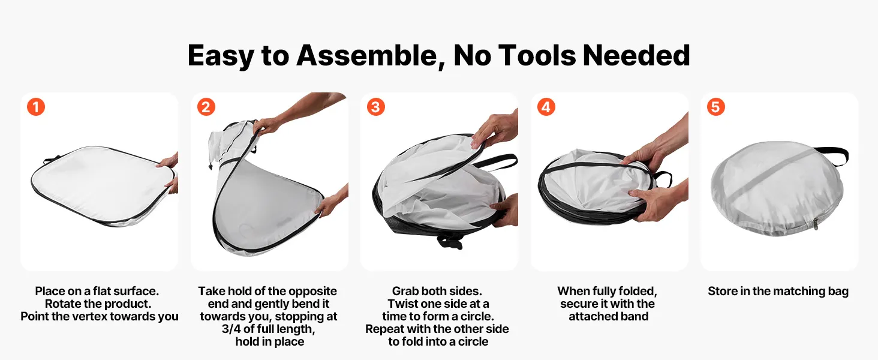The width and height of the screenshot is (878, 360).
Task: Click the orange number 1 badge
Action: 36,107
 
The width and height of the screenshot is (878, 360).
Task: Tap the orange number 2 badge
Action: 206,107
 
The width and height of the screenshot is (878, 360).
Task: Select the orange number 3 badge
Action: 376,107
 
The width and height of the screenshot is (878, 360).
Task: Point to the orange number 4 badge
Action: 546,107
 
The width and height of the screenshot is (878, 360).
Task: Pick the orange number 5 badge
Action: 715,107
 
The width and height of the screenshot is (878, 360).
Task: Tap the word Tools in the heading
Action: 537,56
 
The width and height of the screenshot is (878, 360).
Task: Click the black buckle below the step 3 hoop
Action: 450,242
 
